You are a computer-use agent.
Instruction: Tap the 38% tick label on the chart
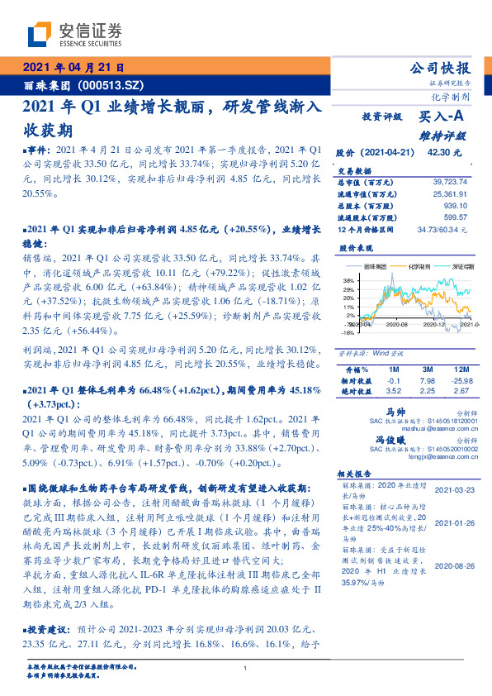tap(350, 281)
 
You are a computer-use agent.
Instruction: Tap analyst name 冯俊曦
tap(392, 442)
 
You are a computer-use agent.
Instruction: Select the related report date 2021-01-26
tap(453, 523)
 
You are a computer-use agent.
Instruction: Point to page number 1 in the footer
tap(246, 669)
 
